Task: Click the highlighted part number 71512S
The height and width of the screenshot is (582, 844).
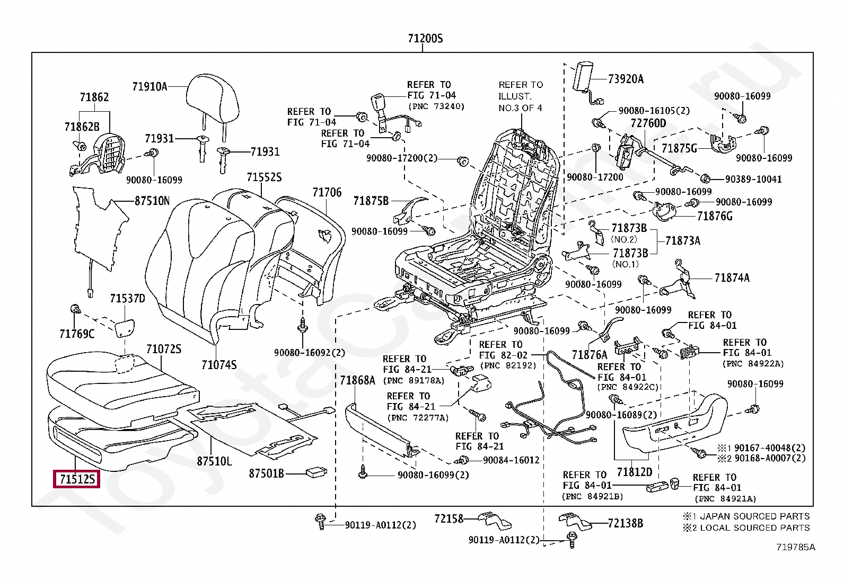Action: [x=77, y=479]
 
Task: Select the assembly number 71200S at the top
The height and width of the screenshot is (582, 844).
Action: [x=425, y=39]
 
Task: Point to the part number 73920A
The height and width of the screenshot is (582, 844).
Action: [x=626, y=79]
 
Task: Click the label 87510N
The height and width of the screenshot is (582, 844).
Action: [x=152, y=201]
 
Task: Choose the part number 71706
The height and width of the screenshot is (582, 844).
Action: [x=327, y=193]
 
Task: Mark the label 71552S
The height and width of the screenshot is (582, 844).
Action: [x=264, y=177]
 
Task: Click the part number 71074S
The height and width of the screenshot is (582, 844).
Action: [x=219, y=365]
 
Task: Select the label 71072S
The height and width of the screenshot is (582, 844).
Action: [x=164, y=349]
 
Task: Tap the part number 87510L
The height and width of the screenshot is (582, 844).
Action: [x=214, y=461]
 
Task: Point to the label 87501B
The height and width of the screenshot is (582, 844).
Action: [x=266, y=473]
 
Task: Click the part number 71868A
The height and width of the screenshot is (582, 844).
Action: [x=357, y=380]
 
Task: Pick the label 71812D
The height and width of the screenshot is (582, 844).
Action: [x=635, y=472]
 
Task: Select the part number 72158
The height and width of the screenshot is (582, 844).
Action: [x=449, y=519]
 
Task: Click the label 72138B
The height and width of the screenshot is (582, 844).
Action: [x=626, y=523]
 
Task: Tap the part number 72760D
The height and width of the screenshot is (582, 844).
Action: [x=648, y=123]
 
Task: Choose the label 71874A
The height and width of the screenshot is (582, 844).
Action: [x=732, y=278]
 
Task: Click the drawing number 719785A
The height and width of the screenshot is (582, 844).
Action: [x=796, y=547]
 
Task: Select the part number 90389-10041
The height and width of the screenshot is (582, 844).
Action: [x=753, y=179]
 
